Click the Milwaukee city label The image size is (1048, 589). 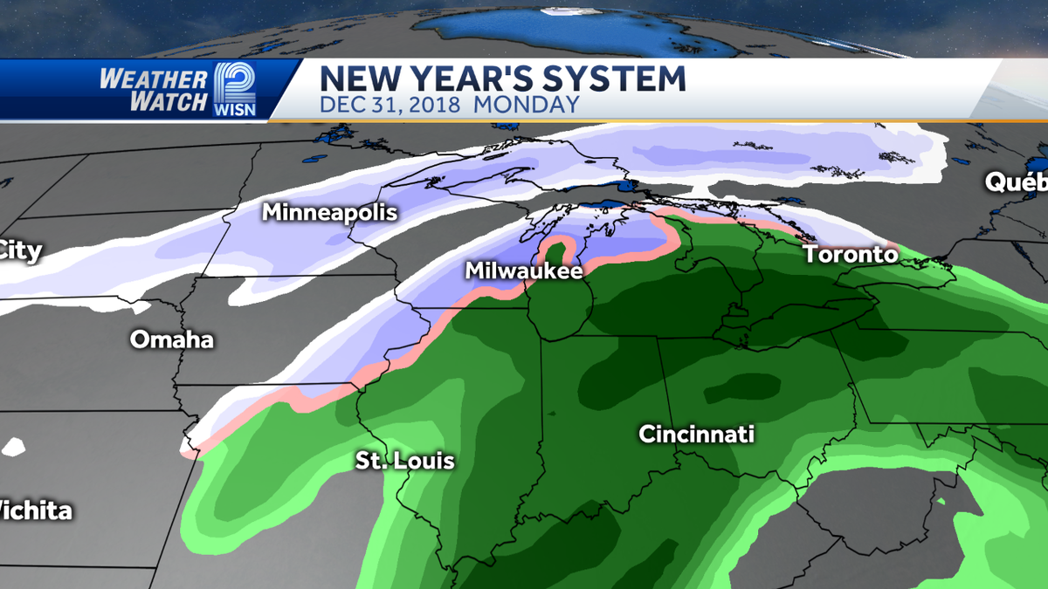[x=523, y=271]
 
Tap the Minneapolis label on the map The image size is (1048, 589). [x=329, y=212]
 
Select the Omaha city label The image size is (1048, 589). [x=172, y=339]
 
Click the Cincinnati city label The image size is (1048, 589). [x=696, y=434]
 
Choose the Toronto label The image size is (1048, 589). [x=850, y=255]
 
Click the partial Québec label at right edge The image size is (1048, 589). [x=1017, y=182]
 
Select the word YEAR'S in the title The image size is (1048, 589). [x=462, y=79]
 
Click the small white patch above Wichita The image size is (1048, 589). [x=14, y=446]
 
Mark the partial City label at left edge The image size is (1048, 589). [x=19, y=251]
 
